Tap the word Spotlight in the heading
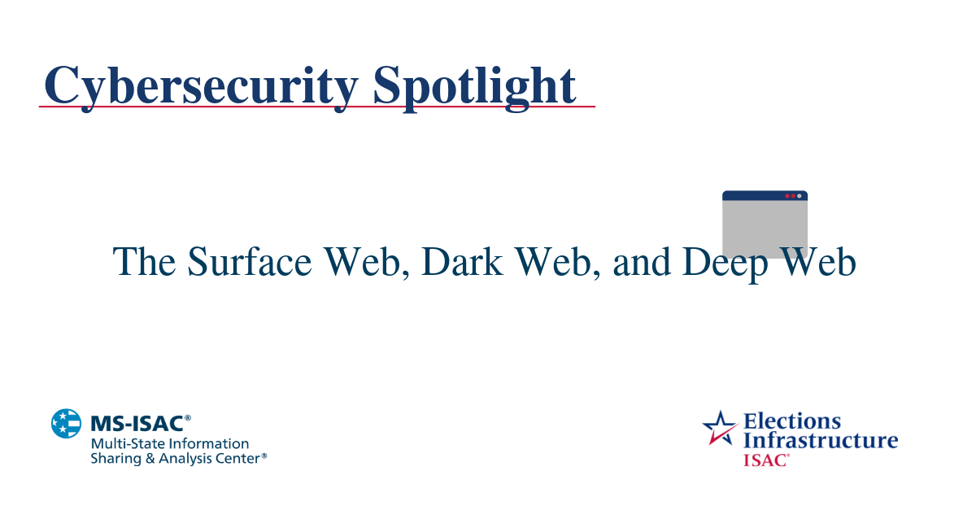[475, 85]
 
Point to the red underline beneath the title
[317, 107]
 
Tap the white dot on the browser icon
[800, 196]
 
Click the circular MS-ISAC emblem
[66, 424]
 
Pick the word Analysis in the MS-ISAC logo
[185, 459]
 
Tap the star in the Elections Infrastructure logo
[720, 427]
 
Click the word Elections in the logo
[792, 421]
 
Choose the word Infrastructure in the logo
[821, 441]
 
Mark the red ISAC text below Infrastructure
[765, 460]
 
